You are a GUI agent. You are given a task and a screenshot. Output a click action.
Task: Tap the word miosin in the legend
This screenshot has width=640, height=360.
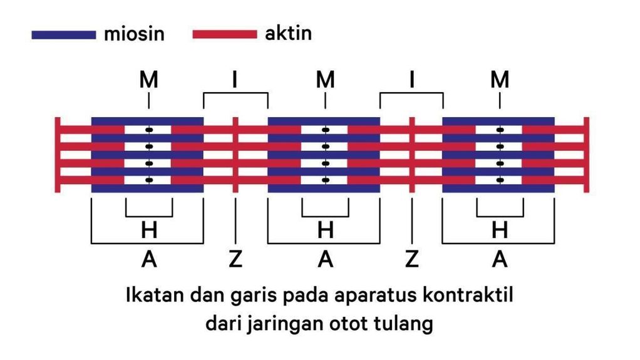coord(134,34)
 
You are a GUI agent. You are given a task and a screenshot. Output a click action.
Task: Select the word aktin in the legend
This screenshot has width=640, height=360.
coord(288,33)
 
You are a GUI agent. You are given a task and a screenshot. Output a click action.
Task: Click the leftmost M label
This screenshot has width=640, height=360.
coord(148,80)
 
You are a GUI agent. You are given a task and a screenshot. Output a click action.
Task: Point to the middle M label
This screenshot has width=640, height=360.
coord(325,80)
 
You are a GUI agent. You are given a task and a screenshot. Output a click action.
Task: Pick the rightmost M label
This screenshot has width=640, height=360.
coord(500,80)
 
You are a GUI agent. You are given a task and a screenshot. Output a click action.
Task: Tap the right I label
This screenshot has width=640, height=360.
coord(411,80)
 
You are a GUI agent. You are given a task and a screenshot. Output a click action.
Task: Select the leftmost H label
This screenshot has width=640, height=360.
coord(148,230)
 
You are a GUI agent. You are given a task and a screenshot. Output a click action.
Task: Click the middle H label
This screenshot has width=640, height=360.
coord(325,230)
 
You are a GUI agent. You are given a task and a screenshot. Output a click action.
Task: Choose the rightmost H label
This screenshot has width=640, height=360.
coord(500,230)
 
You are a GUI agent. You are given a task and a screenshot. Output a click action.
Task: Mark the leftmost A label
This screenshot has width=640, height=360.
coord(148,258)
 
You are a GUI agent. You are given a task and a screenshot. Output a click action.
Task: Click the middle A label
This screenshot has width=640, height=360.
coord(325,258)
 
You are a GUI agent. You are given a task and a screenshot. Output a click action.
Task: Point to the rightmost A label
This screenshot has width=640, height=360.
coord(500,258)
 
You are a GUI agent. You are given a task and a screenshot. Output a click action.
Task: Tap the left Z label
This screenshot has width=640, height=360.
coord(235,258)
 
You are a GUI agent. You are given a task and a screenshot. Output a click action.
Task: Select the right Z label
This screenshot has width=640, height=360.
coord(411,258)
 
